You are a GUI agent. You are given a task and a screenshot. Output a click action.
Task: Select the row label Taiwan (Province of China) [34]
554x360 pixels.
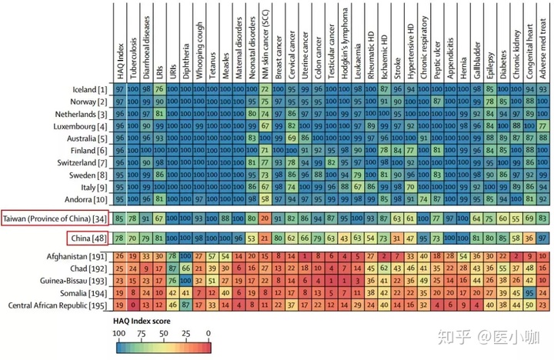pos(54,218)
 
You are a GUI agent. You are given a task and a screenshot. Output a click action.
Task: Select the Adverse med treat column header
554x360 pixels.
pos(544,46)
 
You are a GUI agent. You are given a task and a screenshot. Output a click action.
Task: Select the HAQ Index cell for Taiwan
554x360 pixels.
pos(119,218)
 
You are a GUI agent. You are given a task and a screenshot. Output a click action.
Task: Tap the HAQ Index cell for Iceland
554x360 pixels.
pos(119,90)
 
